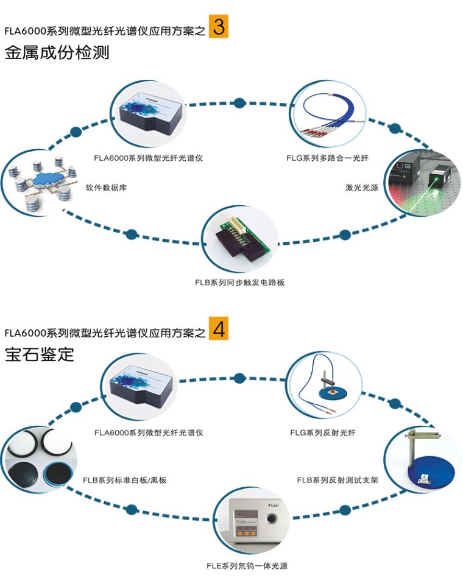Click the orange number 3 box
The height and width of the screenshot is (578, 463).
[219, 27]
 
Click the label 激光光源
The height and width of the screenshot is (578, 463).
[362, 188]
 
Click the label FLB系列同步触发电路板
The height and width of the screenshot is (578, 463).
[240, 283]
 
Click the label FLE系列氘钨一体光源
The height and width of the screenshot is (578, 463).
[247, 566]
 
